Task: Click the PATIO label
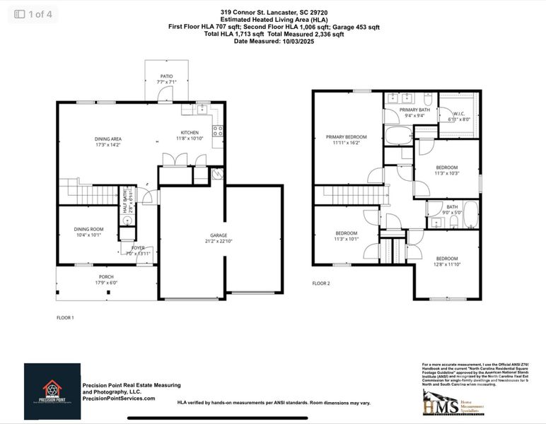click(165, 76)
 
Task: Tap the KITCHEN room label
click(189, 133)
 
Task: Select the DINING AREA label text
click(108, 139)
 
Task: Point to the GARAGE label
click(218, 235)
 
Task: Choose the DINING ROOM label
click(89, 229)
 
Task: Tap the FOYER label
click(137, 248)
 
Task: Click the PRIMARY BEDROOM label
click(346, 137)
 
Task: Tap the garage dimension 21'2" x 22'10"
click(218, 242)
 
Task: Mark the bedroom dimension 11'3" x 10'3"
click(447, 173)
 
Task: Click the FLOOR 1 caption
click(65, 318)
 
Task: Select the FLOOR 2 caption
click(321, 283)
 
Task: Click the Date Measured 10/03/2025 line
click(273, 41)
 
